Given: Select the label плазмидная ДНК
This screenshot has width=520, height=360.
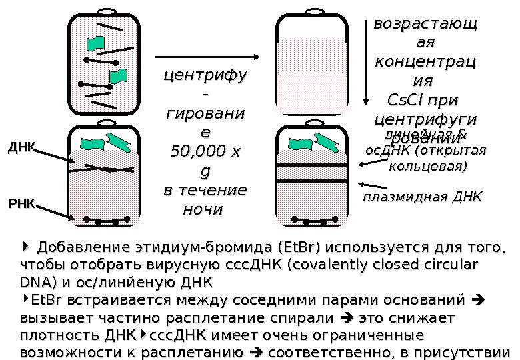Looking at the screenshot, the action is (421, 197).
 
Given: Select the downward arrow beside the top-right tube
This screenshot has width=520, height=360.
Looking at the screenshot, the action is (365, 63).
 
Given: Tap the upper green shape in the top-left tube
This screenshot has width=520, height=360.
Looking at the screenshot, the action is (96, 43).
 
